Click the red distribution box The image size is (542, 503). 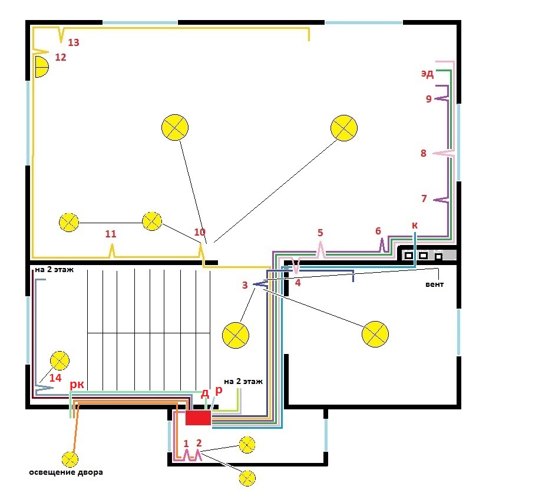coord(198,418)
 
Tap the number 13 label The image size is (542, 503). coord(74,42)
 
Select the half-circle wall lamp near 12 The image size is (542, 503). coord(42,67)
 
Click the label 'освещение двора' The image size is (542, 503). coord(66,472)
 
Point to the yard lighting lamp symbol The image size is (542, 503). coord(70,459)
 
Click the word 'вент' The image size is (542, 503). coord(435,284)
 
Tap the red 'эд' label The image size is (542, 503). coord(427,74)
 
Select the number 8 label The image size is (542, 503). coord(424,153)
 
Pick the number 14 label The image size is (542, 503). coord(55,378)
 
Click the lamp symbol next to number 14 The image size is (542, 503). coord(60,360)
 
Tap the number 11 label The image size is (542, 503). coord(111,234)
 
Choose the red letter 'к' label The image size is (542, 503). coord(415,225)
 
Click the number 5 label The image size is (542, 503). coord(320,233)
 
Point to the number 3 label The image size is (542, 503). coord(244,285)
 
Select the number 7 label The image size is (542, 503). coord(424,198)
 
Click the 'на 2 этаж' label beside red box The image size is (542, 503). coord(243,382)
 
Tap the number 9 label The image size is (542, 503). coord(429,99)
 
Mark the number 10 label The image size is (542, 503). coord(200,232)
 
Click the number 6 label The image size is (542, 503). coord(378,231)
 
